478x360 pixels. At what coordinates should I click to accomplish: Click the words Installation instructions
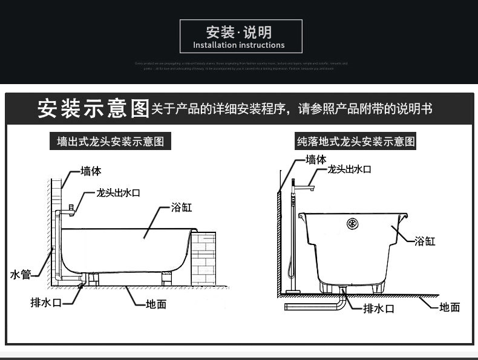(239, 45)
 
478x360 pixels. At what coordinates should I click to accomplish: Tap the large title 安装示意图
(93, 108)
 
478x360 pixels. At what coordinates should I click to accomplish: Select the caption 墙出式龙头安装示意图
(111, 142)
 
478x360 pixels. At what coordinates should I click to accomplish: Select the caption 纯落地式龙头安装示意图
(356, 142)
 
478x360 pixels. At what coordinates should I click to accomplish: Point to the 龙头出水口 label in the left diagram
(119, 192)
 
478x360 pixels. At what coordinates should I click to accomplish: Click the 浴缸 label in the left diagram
(182, 208)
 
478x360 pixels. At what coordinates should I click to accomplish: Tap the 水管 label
(21, 275)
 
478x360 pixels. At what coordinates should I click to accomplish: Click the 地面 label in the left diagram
(156, 304)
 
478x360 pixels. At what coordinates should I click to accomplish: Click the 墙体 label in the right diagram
(316, 160)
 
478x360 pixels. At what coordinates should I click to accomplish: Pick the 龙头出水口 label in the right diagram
(349, 170)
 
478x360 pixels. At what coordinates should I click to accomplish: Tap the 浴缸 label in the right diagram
(425, 241)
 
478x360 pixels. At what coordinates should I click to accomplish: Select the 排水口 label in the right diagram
(379, 309)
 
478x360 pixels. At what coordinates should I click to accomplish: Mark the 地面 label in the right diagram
(450, 307)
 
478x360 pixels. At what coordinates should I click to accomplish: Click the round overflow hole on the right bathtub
(352, 223)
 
